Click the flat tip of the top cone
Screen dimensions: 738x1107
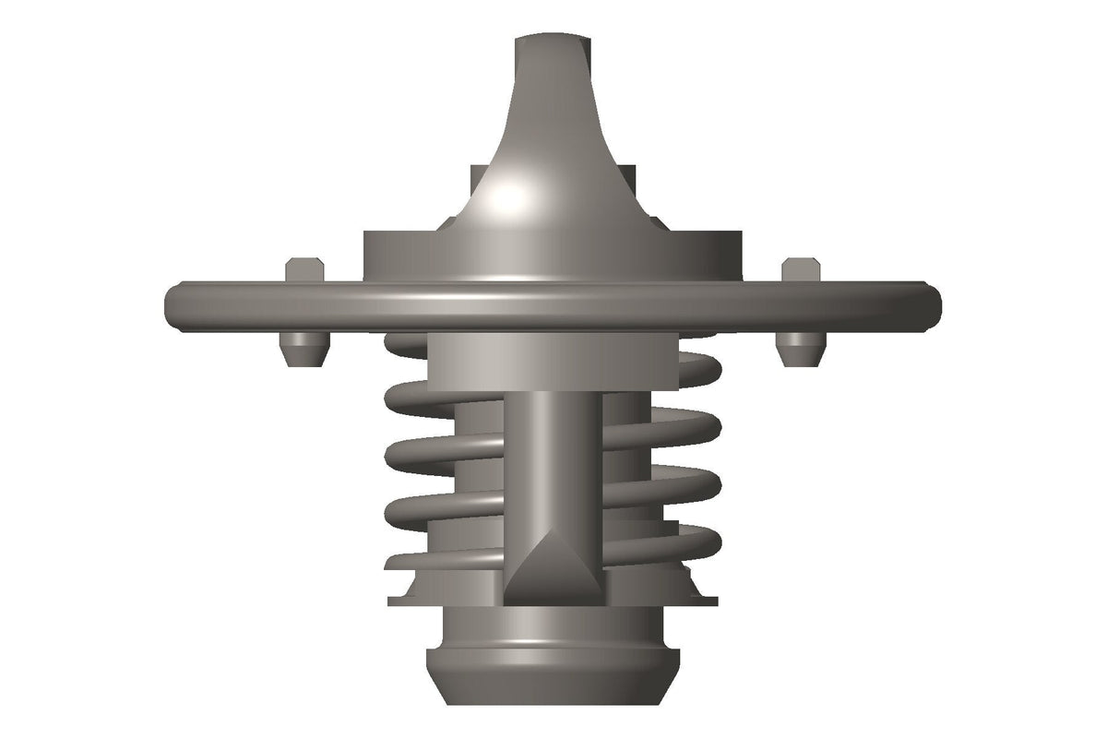pos(552,42)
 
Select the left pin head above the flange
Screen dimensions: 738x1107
pos(304,270)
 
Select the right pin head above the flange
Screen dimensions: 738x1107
pos(801,270)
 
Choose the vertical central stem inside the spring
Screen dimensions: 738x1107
pos(552,461)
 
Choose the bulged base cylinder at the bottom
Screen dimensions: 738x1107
pos(552,669)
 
